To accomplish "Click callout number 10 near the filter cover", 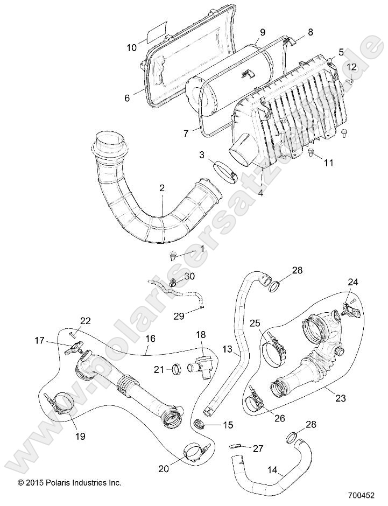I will click(x=132, y=47).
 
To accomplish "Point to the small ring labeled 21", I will click(x=175, y=369).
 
